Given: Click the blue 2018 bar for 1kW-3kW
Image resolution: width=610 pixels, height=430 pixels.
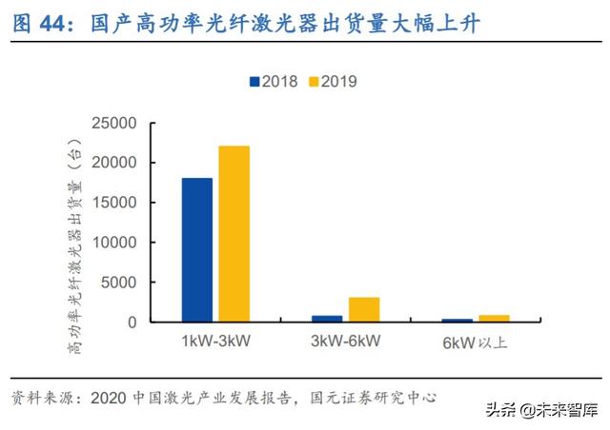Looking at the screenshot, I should (x=196, y=249).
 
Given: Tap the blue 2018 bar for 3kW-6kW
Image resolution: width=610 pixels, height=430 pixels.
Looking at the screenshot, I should (x=327, y=319).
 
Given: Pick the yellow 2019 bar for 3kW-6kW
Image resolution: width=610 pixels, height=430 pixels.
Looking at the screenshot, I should (x=363, y=309).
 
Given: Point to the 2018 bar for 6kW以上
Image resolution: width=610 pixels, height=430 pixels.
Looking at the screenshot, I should (x=457, y=321).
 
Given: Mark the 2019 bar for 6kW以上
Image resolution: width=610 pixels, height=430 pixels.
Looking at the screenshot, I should (x=494, y=318).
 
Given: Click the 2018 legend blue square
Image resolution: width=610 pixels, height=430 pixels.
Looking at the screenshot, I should (x=254, y=82).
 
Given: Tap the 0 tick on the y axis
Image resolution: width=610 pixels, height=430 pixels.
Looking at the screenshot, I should (x=132, y=322).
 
